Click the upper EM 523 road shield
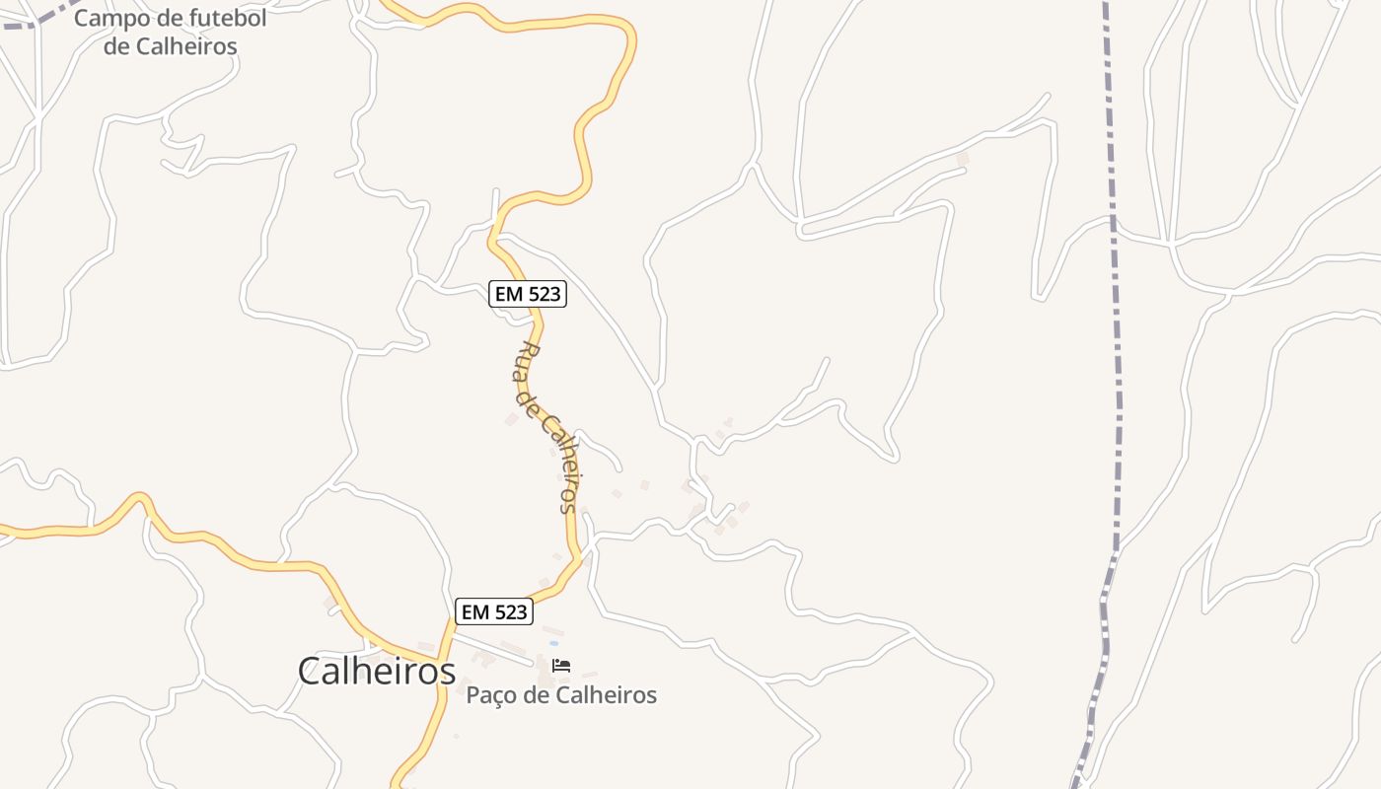528,294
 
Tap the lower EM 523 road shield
494,611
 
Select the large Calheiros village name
376,672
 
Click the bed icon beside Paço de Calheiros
561,666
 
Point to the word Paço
491,695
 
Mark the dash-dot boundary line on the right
1117,394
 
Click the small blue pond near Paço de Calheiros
553,643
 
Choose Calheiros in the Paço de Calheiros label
606,695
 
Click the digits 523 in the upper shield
544,294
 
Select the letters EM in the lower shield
475,611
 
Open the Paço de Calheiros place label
561,695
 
